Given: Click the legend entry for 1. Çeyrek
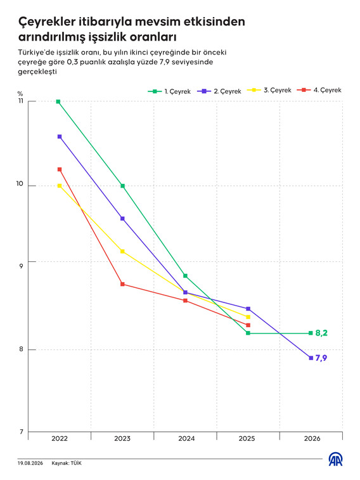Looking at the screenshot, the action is (169, 91).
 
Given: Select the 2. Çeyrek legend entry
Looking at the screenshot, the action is (219, 91).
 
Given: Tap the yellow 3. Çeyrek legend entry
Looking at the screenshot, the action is (269, 90).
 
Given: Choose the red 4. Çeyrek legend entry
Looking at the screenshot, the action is (319, 90).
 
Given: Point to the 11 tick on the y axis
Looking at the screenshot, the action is (20, 101).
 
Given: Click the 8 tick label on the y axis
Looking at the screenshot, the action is (21, 349).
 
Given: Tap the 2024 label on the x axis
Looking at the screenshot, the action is (186, 439).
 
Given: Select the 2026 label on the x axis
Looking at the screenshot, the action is (312, 439).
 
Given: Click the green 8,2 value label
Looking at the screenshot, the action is (321, 333).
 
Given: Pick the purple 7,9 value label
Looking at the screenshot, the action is (321, 358).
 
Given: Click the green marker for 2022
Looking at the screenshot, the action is (58, 101).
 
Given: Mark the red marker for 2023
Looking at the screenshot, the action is (122, 284).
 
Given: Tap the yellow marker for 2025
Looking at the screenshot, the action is (248, 317).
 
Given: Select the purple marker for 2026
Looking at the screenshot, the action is (311, 358).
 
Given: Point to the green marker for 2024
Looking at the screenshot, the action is (185, 276).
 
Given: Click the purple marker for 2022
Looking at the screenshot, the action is (60, 136).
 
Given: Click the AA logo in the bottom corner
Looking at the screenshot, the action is (335, 459).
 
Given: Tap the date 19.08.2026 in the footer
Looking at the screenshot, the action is (30, 463).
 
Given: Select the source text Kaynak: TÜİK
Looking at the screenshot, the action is (67, 463).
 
